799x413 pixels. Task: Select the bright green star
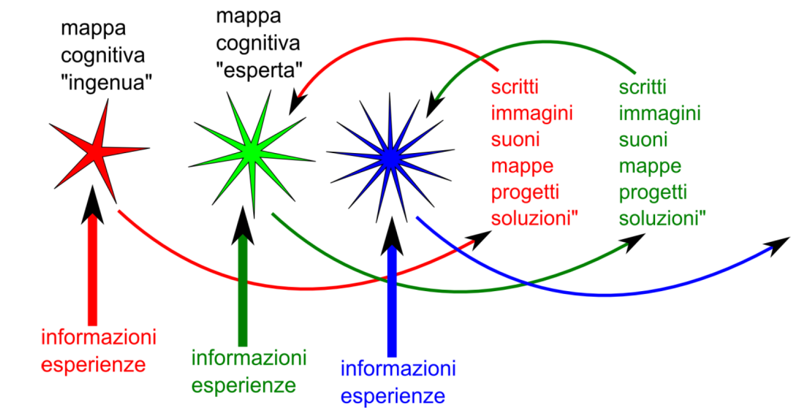click(x=251, y=152)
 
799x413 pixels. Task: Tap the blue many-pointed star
click(x=390, y=157)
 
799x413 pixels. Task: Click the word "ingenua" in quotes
click(x=106, y=82)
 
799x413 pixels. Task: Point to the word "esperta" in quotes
click(x=259, y=70)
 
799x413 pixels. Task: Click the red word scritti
click(x=515, y=87)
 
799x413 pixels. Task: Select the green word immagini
click(x=659, y=113)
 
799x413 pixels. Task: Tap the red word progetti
click(x=525, y=192)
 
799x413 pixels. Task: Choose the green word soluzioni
click(x=661, y=218)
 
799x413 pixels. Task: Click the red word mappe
click(x=522, y=166)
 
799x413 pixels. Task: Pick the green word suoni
click(x=643, y=139)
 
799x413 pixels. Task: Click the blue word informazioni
click(x=398, y=368)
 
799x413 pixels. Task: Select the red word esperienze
click(x=93, y=364)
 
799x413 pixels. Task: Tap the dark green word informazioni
click(x=249, y=357)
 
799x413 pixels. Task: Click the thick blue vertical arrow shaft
click(x=392, y=302)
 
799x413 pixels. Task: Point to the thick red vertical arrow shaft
click(x=93, y=273)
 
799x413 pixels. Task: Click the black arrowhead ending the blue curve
click(x=778, y=244)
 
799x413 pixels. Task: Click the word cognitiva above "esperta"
click(x=258, y=43)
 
